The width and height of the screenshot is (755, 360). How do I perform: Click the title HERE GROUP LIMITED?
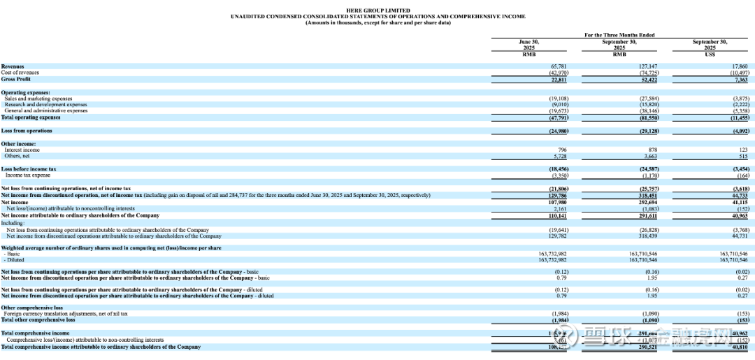[377, 10]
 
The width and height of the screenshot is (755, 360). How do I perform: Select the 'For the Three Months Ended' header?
[619, 35]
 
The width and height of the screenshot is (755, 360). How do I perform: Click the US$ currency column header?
[710, 54]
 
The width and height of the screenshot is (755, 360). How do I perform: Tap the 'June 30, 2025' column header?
[528, 45]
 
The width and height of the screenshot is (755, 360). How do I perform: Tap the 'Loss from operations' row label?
[27, 131]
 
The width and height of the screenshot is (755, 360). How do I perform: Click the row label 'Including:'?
[13, 223]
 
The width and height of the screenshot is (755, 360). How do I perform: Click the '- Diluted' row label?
[14, 259]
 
